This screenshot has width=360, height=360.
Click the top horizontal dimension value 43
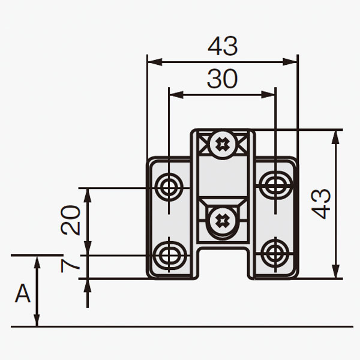point(223,46)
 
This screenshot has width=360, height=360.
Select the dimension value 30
point(222,79)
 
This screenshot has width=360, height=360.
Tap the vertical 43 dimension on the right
point(320,204)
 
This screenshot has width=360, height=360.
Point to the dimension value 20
point(70,220)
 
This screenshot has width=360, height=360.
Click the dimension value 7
point(70,266)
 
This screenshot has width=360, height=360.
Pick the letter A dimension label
point(23,293)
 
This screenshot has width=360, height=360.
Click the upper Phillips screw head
point(222,145)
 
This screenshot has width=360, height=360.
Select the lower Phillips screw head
point(222,221)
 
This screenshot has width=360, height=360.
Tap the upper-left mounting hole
point(169,187)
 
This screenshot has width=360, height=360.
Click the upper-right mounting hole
point(276,185)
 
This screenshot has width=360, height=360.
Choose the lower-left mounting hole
point(169,256)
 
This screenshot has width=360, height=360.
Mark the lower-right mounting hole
point(275,253)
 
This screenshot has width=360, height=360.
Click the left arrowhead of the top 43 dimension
point(155,62)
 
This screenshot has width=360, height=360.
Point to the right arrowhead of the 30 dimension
point(268,95)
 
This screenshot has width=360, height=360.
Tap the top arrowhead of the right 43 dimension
point(335,137)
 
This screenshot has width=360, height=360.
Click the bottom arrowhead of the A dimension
point(37,319)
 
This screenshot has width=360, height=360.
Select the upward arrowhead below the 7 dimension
point(88,286)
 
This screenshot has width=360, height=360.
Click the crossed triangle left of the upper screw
point(203,145)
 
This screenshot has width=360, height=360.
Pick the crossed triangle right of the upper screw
point(242,145)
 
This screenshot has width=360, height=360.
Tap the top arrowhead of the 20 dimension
point(88,196)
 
